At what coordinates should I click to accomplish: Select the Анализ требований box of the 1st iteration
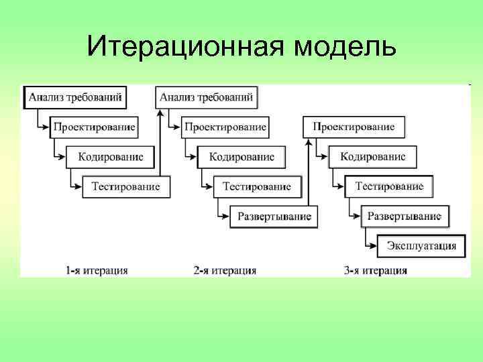[75, 97]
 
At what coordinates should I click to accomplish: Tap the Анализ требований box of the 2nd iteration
[207, 97]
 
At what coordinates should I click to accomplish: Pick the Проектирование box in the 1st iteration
[95, 127]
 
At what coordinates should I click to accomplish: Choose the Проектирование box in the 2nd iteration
[225, 127]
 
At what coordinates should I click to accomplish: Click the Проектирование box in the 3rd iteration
[354, 127]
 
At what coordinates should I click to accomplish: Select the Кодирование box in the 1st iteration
[111, 157]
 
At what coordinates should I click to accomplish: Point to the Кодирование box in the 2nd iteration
[241, 157]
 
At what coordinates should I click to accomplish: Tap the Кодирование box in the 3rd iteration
[373, 157]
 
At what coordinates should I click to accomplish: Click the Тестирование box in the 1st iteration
[125, 186]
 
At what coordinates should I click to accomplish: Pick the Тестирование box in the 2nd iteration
[256, 186]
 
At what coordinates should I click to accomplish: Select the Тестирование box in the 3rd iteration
[389, 186]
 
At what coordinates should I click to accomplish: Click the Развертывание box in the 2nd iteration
[274, 217]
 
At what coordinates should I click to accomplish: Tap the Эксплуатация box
[421, 246]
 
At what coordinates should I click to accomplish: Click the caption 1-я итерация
[97, 271]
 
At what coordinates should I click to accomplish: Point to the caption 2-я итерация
[225, 271]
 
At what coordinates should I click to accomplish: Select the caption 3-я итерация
[376, 271]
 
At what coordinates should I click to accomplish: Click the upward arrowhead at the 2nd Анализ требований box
[160, 112]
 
